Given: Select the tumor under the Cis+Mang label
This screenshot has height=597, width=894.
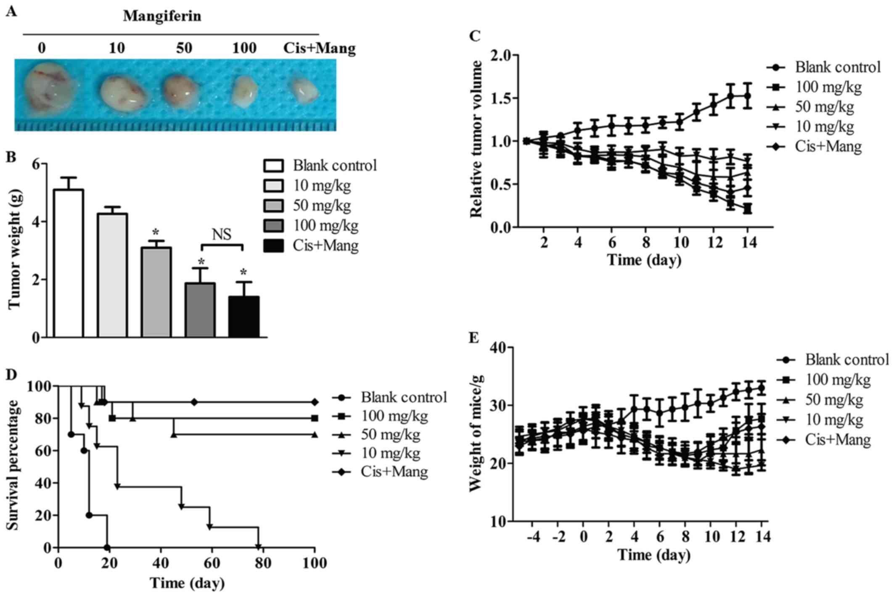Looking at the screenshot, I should (x=304, y=90).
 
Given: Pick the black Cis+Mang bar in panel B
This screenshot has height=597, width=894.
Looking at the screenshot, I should (x=243, y=317).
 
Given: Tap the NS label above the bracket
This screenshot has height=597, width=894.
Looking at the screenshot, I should (x=222, y=235).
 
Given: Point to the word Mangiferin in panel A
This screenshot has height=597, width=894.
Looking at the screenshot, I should (x=162, y=16).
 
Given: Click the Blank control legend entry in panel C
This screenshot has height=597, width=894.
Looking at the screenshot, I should (x=837, y=67).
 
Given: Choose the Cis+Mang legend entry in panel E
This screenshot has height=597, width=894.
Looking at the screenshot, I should (x=837, y=440).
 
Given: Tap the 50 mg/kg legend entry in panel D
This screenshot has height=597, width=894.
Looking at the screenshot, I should (x=390, y=435).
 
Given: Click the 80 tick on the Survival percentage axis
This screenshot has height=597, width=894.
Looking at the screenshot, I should (x=42, y=418).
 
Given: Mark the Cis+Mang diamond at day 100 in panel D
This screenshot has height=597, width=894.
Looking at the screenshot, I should (x=315, y=402).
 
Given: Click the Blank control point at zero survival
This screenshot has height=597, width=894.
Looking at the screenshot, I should (x=107, y=547).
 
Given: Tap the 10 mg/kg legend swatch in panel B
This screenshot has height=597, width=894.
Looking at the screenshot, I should (x=273, y=186).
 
